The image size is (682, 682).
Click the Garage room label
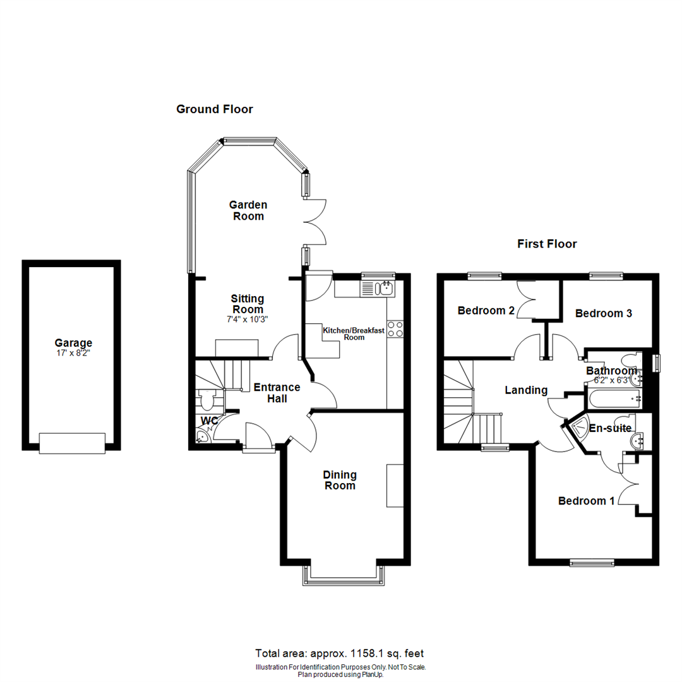[72, 343]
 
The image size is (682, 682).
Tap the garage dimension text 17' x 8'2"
[72, 354]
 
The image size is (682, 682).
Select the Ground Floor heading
[214, 109]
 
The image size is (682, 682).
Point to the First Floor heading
[547, 244]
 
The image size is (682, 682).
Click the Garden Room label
[248, 210]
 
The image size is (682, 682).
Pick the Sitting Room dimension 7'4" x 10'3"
[248, 319]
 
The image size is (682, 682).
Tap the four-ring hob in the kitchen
[395, 329]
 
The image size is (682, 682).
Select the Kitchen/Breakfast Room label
[354, 333]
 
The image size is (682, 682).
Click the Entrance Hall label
[277, 393]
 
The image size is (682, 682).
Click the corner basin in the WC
[201, 438]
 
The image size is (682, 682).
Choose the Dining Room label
[340, 480]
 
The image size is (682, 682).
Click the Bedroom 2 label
[486, 311]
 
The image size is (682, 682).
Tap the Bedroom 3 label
[604, 313]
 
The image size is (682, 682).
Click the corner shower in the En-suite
[579, 430]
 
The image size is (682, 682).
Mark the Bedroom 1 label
[586, 501]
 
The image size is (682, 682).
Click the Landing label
[526, 390]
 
